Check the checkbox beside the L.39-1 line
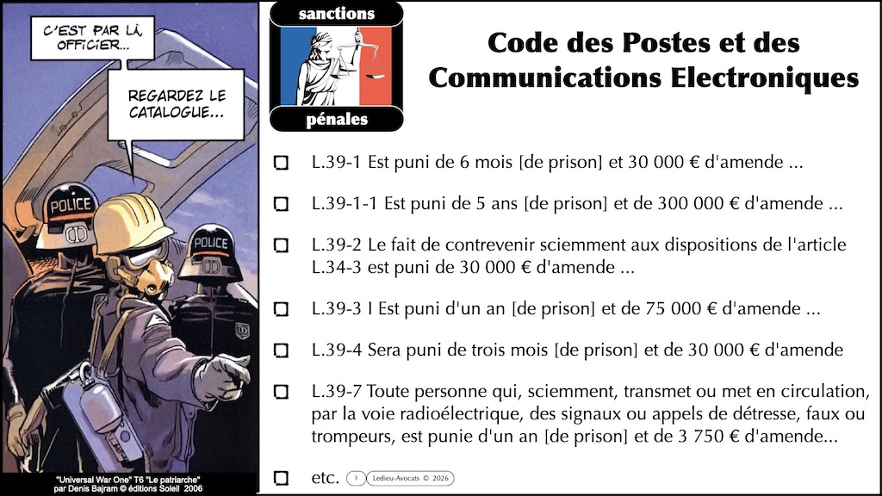pyautogui.click(x=281, y=163)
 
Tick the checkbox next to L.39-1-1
pyautogui.click(x=281, y=204)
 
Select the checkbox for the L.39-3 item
pyautogui.click(x=281, y=307)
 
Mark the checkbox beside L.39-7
pyautogui.click(x=281, y=392)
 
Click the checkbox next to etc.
pyautogui.click(x=281, y=478)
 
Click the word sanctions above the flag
pyautogui.click(x=336, y=13)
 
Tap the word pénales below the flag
pyautogui.click(x=336, y=120)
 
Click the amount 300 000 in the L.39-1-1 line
pyautogui.click(x=686, y=205)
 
